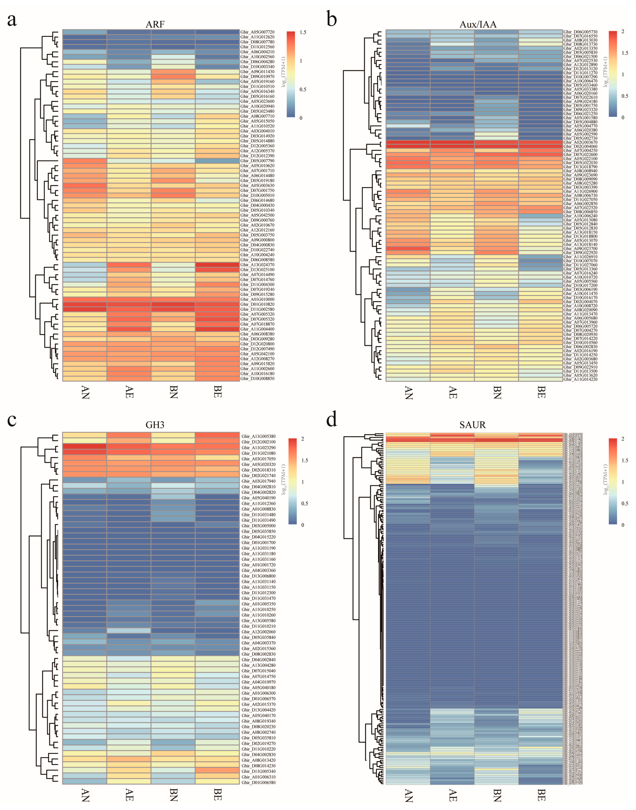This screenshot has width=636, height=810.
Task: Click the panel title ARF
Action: (x=155, y=25)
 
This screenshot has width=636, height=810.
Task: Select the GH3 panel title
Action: (x=155, y=425)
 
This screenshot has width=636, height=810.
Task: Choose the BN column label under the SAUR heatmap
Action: (x=497, y=794)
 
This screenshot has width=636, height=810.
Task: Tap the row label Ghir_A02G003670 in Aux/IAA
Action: (x=580, y=142)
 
